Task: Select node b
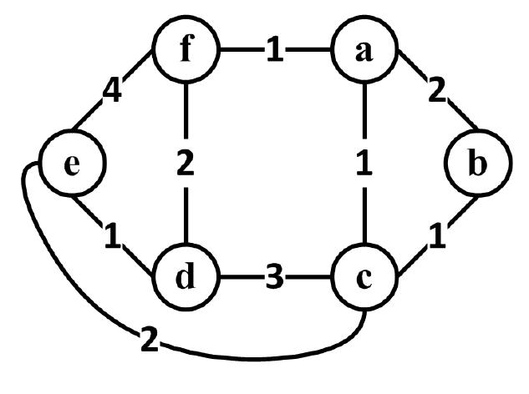(476, 164)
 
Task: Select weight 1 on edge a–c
(363, 164)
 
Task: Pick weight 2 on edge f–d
(186, 164)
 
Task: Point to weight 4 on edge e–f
(114, 88)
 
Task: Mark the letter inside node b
(476, 164)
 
